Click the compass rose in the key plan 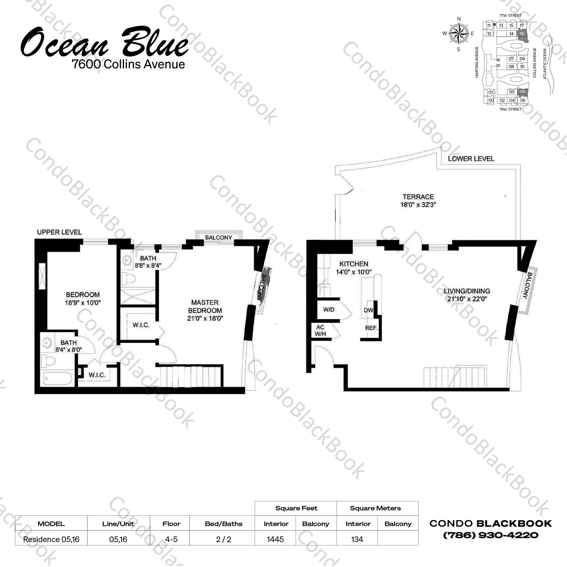tap(459, 34)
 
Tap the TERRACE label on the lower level tap(418, 197)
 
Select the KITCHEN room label tap(354, 264)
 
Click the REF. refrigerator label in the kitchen tap(371, 328)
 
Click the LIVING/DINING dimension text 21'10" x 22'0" tap(467, 299)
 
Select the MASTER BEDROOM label tap(205, 306)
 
